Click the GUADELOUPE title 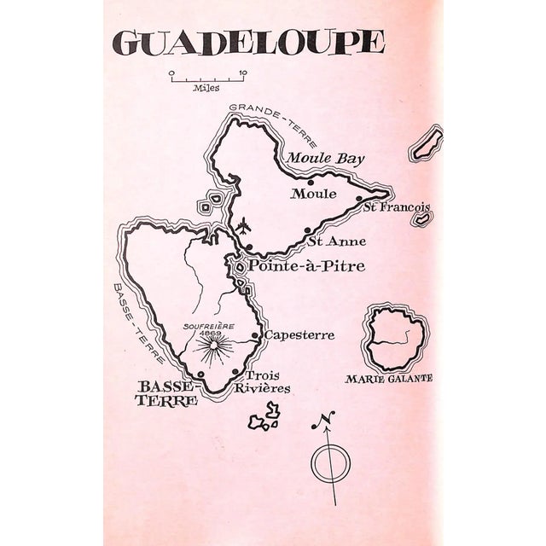coord(248,43)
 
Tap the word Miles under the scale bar coord(206,87)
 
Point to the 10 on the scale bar coord(243,73)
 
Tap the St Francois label coord(395,207)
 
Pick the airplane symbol coord(244,226)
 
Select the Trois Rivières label coord(268,382)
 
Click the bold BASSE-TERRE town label coord(167,392)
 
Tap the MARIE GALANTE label coord(388,378)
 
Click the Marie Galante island coord(394,337)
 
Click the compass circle coord(330,464)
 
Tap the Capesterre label coord(299,335)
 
